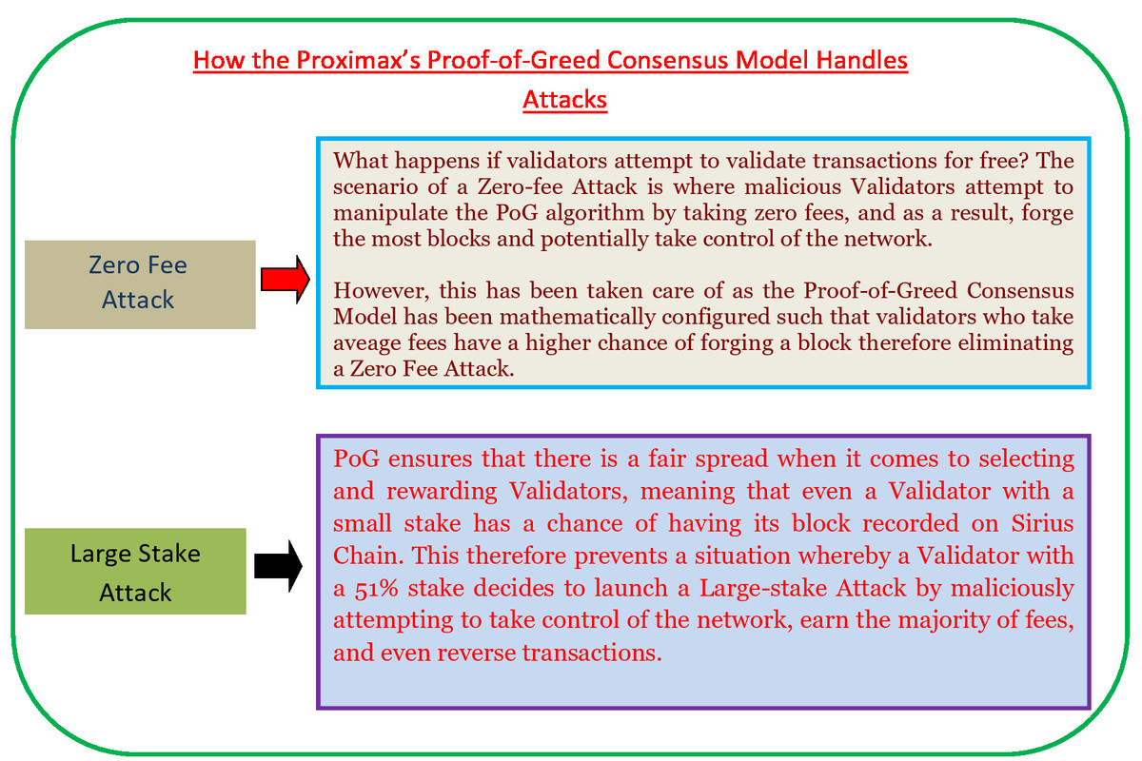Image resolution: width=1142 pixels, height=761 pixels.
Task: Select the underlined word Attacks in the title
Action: click(564, 99)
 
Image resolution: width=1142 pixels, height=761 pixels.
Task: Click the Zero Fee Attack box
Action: click(140, 283)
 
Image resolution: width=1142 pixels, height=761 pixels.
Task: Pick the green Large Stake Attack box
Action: click(135, 572)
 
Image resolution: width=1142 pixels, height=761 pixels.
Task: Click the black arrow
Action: click(278, 568)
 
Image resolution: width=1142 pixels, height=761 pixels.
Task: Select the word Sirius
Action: click(1043, 523)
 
